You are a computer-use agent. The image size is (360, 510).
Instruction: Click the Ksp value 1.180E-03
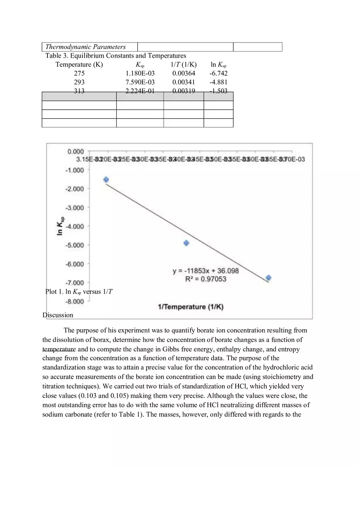tap(140, 73)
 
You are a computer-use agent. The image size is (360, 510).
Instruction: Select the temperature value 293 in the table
tap(79, 82)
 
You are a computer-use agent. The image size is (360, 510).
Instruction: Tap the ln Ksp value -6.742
tap(218, 73)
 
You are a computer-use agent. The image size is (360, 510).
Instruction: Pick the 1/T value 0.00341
tap(184, 82)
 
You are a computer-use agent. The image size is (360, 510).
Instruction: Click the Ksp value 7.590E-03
tap(140, 82)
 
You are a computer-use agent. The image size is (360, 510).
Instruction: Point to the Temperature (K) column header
tap(79, 65)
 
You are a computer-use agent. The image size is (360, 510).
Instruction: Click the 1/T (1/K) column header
tap(184, 65)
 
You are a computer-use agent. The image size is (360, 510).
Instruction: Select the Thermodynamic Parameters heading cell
tap(85, 47)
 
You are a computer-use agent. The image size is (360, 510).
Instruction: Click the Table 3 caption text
tap(116, 56)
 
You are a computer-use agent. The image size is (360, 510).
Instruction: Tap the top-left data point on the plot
tap(106, 180)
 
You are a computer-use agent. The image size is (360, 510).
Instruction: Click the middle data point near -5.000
tap(186, 243)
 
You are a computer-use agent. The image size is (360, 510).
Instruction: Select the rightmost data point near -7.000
tap(268, 278)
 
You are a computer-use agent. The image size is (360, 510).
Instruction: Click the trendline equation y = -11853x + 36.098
tap(205, 271)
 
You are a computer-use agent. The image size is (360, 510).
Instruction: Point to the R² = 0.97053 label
tap(205, 279)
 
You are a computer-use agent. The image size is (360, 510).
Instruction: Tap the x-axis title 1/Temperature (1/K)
tap(191, 307)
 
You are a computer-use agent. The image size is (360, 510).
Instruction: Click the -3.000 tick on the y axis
tap(75, 208)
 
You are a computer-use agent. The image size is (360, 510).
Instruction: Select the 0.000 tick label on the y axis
tap(76, 152)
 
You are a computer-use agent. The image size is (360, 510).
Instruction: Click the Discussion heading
tap(58, 315)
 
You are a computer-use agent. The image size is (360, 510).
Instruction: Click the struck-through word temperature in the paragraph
tap(59, 349)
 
